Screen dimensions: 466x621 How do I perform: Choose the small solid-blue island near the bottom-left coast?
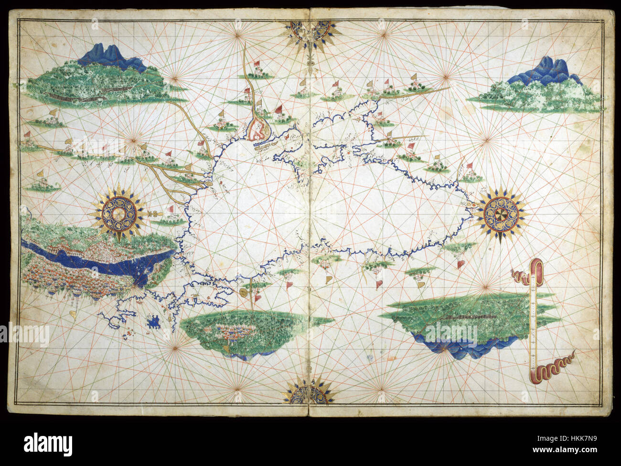(154, 323)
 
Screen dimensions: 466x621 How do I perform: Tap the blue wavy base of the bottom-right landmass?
(459, 345)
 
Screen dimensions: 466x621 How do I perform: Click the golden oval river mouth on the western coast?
(209, 181)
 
